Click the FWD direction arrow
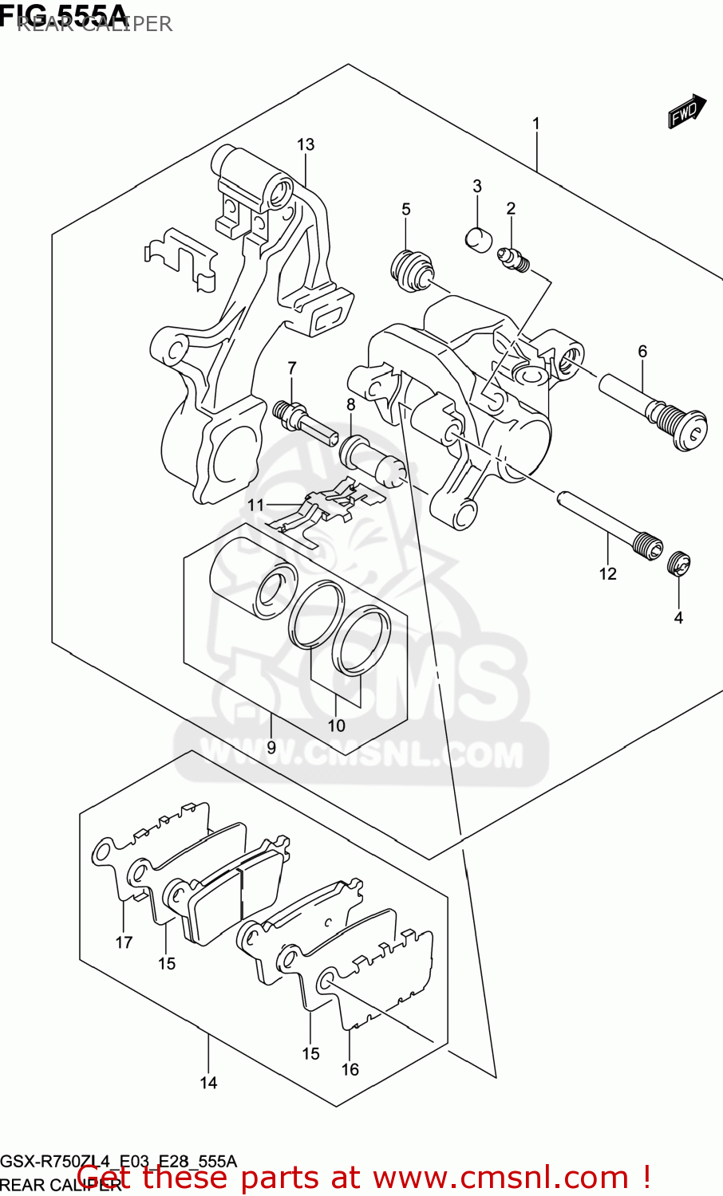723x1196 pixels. (x=687, y=112)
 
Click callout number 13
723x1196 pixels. (x=306, y=144)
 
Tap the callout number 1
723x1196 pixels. (x=536, y=124)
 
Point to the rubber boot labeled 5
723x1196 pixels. (x=413, y=269)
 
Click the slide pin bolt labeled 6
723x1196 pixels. (x=654, y=410)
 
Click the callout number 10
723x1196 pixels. (x=336, y=726)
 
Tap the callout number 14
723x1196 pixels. (x=208, y=1083)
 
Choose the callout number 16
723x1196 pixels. (x=350, y=1069)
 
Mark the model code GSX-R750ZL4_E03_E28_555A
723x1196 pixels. (x=118, y=1161)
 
